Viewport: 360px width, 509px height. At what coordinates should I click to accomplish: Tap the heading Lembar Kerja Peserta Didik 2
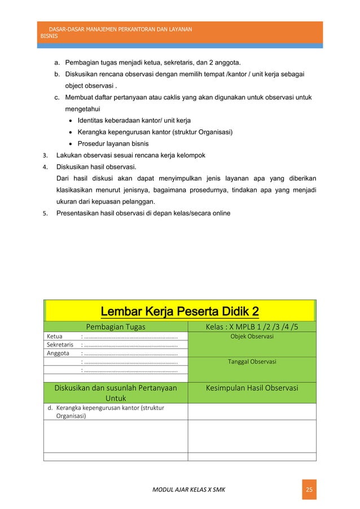coord(179,311)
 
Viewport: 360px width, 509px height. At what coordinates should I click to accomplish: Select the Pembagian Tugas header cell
coord(115,326)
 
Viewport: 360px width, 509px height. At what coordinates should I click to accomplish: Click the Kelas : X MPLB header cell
coord(252,326)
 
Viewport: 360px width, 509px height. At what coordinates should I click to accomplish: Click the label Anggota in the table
coord(57,354)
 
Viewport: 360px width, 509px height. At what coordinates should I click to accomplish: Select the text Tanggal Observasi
coord(252,362)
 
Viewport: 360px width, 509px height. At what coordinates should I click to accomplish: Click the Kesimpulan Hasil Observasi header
coord(252,388)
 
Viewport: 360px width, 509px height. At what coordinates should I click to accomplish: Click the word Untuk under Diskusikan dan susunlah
coord(115,398)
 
